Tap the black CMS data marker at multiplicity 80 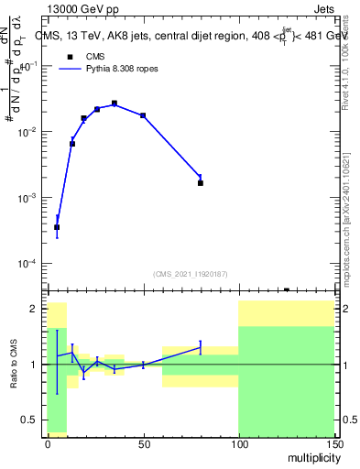coord(201,183)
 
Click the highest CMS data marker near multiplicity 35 coord(115,104)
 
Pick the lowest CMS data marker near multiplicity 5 coord(57,227)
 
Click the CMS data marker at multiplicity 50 coord(143,115)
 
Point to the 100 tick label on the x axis coord(238,442)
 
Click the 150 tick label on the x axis coord(333,442)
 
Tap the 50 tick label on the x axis coord(143,442)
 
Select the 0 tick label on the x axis coord(48,442)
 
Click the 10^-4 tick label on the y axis coord(27,264)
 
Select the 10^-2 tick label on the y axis coord(27,133)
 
